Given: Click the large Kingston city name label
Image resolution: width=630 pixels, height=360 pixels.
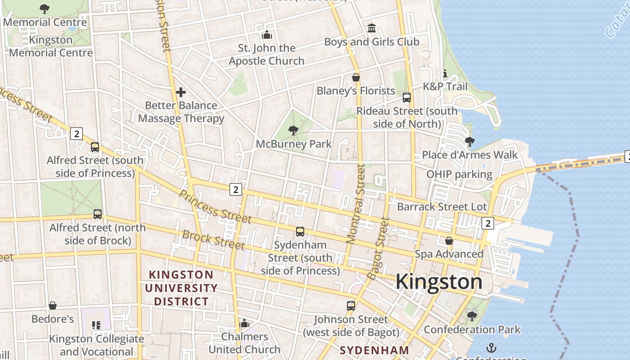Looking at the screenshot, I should (439, 282).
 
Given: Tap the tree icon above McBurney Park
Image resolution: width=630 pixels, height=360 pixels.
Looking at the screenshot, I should (293, 130).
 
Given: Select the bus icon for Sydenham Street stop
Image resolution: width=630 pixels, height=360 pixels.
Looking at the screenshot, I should (300, 232).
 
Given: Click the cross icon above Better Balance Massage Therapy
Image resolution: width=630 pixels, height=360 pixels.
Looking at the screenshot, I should (181, 92).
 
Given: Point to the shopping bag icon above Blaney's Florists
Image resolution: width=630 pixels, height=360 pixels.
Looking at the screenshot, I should (356, 77).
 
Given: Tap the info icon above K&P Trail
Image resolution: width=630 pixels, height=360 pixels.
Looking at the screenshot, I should (445, 73).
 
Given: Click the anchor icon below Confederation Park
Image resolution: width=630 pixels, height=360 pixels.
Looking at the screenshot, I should (491, 347).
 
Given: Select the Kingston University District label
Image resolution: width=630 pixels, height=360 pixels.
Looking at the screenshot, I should (181, 288).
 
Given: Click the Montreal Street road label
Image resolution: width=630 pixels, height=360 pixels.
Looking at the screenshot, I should (355, 203).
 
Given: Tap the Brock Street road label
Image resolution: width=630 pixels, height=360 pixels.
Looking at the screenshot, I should (213, 239).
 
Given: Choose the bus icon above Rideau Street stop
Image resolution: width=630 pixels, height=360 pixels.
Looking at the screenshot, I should (407, 98).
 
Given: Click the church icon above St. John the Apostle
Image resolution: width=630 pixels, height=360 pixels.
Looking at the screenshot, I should (267, 35).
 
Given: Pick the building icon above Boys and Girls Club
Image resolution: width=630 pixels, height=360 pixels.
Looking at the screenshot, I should (372, 28).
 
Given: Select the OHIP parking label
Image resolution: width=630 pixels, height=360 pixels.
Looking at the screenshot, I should (459, 174).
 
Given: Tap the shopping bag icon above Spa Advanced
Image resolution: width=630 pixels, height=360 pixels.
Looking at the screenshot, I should (449, 241).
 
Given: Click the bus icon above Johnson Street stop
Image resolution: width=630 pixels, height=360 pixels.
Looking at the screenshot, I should (351, 306).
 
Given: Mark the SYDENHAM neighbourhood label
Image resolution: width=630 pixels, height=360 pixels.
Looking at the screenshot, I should (374, 350).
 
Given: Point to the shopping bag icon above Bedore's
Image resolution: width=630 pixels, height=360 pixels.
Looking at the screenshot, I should (53, 306).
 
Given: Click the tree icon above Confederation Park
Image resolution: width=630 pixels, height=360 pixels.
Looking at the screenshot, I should (472, 316).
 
